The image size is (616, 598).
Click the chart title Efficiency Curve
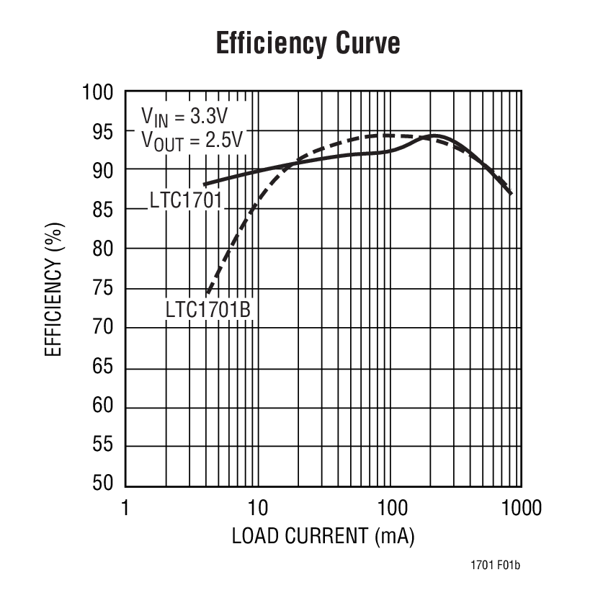pyautogui.click(x=308, y=44)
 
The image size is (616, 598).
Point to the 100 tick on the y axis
pyautogui.click(x=98, y=93)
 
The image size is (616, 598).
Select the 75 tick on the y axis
pyautogui.click(x=103, y=288)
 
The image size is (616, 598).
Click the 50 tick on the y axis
pyautogui.click(x=103, y=484)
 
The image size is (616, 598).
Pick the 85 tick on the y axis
pyautogui.click(x=103, y=210)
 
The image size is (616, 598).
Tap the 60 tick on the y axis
pyautogui.click(x=103, y=406)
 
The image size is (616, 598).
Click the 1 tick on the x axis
pyautogui.click(x=125, y=509)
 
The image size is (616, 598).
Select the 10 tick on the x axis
pyautogui.click(x=257, y=509)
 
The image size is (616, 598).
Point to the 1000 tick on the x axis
pyautogui.click(x=522, y=509)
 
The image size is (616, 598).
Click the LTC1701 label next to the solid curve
pyautogui.click(x=185, y=200)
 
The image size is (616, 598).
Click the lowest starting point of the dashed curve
pyautogui.click(x=207, y=293)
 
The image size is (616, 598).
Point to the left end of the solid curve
pyautogui.click(x=205, y=184)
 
